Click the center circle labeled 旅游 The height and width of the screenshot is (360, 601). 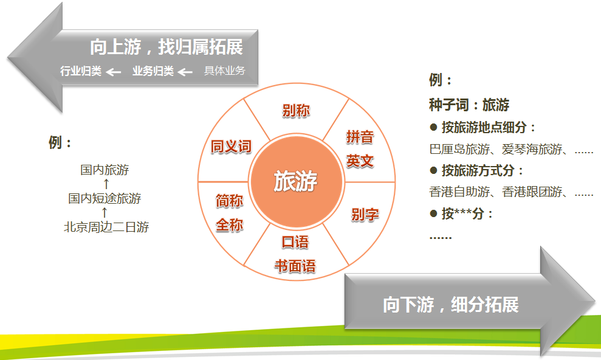click(x=297, y=181)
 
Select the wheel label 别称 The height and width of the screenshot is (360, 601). click(x=296, y=111)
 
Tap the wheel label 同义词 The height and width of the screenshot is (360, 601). click(x=231, y=147)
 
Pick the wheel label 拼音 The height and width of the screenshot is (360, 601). click(x=360, y=136)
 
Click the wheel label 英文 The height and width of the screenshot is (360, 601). click(x=360, y=161)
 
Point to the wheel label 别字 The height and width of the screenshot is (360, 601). click(x=365, y=214)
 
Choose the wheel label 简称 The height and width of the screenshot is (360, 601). click(x=229, y=201)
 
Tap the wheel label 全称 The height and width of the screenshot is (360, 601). click(x=229, y=225)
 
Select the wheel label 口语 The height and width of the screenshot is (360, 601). click(x=295, y=242)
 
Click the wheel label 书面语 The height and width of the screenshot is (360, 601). click(x=295, y=266)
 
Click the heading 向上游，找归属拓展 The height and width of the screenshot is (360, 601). click(x=167, y=47)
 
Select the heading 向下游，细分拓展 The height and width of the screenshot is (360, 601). click(x=451, y=305)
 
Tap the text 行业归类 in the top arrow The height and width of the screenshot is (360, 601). click(x=81, y=71)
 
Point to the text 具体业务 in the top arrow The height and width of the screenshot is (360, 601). click(x=225, y=71)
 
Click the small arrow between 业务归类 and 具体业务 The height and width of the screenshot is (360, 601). click(x=185, y=72)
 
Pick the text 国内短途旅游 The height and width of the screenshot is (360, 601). click(x=105, y=198)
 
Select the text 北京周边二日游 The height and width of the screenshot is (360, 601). click(x=106, y=227)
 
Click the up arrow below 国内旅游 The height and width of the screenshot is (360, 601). click(x=106, y=184)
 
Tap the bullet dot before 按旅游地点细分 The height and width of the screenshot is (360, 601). click(x=433, y=127)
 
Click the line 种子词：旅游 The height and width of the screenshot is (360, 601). click(x=469, y=105)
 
